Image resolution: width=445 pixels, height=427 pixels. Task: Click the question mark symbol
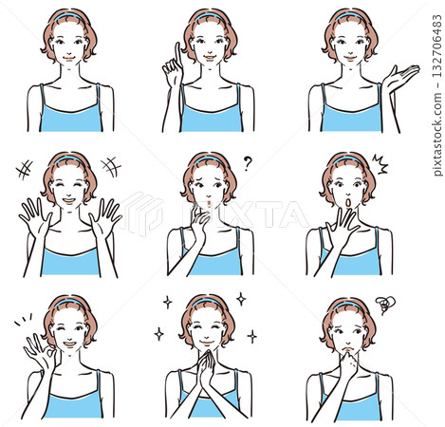pyautogui.click(x=248, y=164)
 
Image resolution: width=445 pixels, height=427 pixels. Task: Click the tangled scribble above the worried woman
pyautogui.click(x=385, y=305)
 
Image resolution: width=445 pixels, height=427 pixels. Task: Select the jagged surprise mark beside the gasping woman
pyautogui.click(x=380, y=163)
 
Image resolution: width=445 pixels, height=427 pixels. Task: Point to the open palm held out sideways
pyautogui.click(x=400, y=77)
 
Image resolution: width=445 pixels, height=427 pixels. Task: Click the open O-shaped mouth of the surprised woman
pyautogui.click(x=348, y=203)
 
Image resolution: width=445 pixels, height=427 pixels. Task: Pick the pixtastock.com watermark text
pyautogui.click(x=437, y=133)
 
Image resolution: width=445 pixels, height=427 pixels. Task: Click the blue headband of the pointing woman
pyautogui.click(x=210, y=15)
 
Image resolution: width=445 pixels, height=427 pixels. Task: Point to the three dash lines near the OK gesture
pyautogui.click(x=24, y=319)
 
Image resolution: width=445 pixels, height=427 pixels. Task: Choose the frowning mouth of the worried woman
pyautogui.click(x=348, y=349)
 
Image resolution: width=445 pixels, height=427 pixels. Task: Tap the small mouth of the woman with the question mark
pyautogui.click(x=209, y=202)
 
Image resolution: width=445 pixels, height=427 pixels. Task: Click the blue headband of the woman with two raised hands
pyautogui.click(x=69, y=158)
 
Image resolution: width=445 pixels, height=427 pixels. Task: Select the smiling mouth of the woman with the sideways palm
pyautogui.click(x=350, y=59)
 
